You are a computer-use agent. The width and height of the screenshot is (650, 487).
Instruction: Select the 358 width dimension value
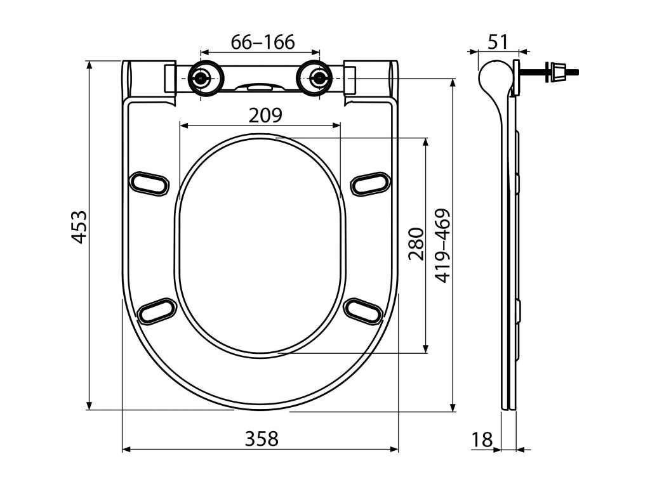coord(262,438)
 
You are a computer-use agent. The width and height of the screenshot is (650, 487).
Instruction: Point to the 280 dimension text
coord(416,244)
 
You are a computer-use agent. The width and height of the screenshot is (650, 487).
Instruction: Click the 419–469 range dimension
coord(442,245)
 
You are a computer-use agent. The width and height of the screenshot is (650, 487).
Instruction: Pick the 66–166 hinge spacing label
coord(262,42)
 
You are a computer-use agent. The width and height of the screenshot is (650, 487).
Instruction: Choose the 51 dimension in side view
coord(498,42)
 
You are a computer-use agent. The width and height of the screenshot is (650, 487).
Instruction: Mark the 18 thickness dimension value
coord(482,439)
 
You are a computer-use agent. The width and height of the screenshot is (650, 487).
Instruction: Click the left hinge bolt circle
coord(201,79)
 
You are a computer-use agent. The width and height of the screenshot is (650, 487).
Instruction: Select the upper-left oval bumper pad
coord(150,182)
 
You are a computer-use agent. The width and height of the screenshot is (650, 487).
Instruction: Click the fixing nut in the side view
coord(558,71)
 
